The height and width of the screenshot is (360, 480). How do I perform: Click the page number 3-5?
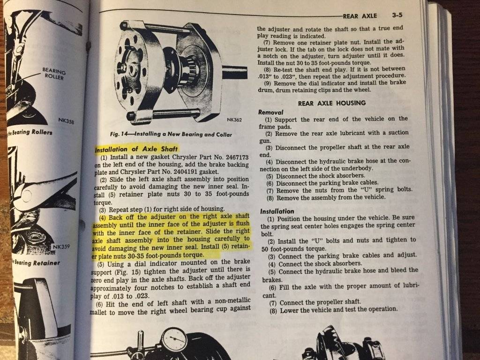click(x=397, y=15)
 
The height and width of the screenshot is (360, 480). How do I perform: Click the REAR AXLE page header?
click(x=360, y=15)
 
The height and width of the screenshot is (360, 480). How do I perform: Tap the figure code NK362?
click(x=234, y=120)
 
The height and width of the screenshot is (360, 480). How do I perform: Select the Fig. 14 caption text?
click(x=171, y=134)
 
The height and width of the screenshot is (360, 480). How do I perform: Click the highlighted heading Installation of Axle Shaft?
click(x=136, y=150)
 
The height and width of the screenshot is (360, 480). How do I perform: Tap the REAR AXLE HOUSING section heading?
click(x=332, y=103)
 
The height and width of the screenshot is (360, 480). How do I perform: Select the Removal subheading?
click(x=271, y=112)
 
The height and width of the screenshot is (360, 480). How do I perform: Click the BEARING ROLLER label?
click(x=54, y=74)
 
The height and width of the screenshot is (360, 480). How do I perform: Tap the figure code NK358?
click(x=67, y=121)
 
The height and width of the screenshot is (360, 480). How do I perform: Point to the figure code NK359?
click(x=61, y=247)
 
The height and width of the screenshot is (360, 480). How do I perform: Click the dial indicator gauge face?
click(x=174, y=339)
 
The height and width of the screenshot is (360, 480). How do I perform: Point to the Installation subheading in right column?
click(x=277, y=211)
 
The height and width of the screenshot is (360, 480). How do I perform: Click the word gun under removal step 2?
click(x=265, y=141)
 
